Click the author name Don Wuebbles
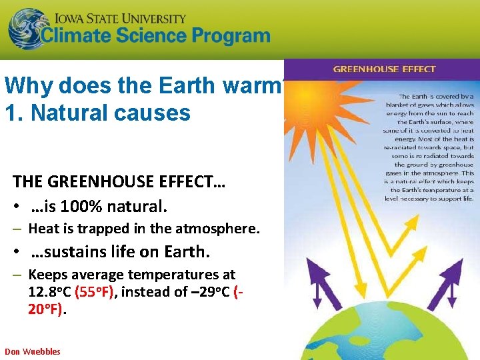point(33,351)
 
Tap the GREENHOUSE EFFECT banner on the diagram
point(384,69)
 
